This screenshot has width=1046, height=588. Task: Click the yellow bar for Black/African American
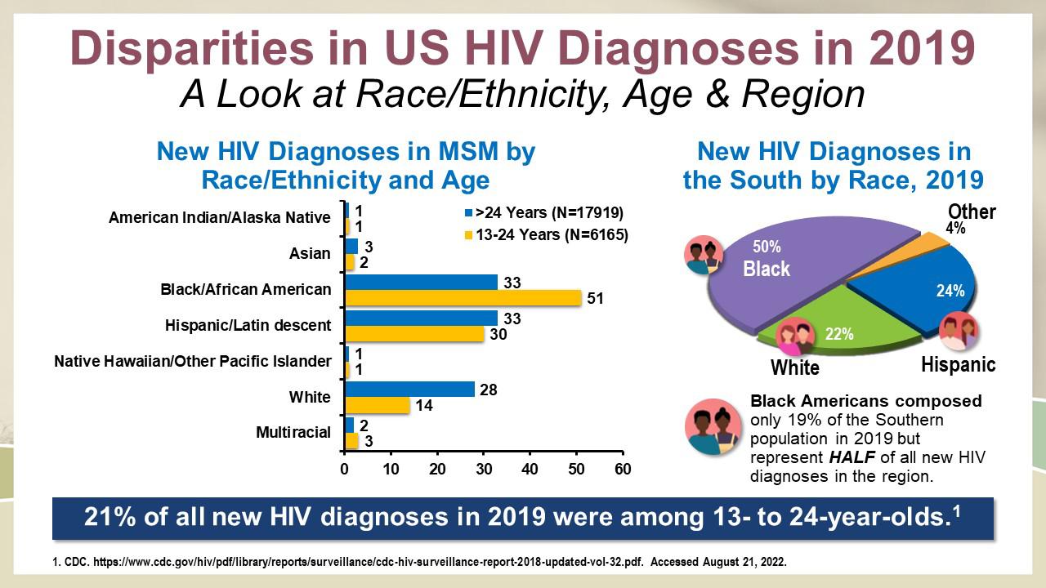pos(463,298)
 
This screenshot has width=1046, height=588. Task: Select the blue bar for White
pos(409,389)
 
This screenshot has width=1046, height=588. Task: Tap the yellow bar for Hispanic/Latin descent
pos(413,334)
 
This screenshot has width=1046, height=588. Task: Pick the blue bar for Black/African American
pos(421,282)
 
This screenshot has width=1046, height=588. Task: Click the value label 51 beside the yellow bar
pos(595,299)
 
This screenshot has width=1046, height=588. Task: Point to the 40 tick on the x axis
pos(530,470)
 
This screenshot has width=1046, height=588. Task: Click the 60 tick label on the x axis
pos(623,470)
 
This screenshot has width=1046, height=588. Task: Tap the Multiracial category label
pos(293,432)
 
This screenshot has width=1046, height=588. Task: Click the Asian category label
pos(310,253)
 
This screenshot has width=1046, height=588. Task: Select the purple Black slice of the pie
pos(784,269)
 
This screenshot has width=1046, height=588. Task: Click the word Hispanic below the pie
pos(958,365)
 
